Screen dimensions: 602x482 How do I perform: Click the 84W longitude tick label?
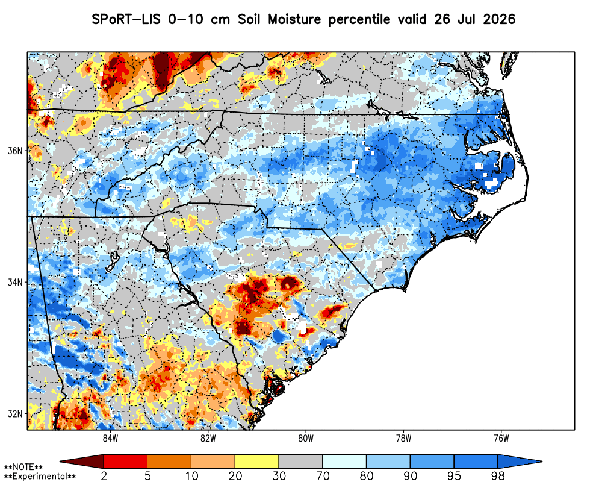click(x=110, y=439)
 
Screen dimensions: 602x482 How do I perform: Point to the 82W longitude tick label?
click(x=208, y=439)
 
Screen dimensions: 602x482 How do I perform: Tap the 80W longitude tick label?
click(x=306, y=439)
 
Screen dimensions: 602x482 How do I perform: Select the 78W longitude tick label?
click(x=404, y=439)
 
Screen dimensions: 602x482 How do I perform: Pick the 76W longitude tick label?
click(x=502, y=439)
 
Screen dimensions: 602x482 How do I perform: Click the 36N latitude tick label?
click(x=16, y=151)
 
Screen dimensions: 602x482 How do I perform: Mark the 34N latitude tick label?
click(x=16, y=282)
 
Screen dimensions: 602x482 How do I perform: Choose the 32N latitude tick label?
click(x=16, y=414)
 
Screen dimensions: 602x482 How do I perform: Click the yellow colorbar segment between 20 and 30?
click(x=257, y=461)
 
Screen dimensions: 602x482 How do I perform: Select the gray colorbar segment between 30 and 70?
click(x=300, y=461)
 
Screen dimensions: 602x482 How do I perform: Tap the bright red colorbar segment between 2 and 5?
click(x=126, y=461)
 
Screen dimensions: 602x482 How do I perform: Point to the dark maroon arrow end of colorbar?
click(x=82, y=461)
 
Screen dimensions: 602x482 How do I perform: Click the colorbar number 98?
click(x=498, y=476)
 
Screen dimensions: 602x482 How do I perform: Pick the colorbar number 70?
click(x=323, y=476)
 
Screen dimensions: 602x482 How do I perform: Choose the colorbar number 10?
click(x=191, y=476)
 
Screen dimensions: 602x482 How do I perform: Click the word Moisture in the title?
click(x=294, y=19)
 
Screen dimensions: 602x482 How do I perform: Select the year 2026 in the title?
click(x=498, y=19)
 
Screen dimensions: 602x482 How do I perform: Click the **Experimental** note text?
click(x=40, y=477)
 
